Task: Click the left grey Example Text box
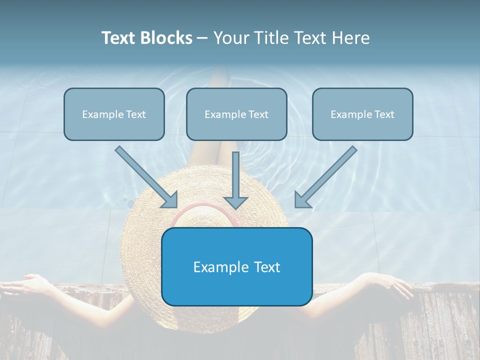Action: point(114,114)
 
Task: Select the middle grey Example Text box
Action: point(236,114)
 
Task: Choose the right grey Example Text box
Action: point(362,114)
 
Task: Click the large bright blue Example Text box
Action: point(236,266)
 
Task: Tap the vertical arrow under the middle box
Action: point(235,180)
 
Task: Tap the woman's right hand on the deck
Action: point(395,285)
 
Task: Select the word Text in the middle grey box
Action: point(258,114)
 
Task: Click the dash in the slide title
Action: point(202,38)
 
